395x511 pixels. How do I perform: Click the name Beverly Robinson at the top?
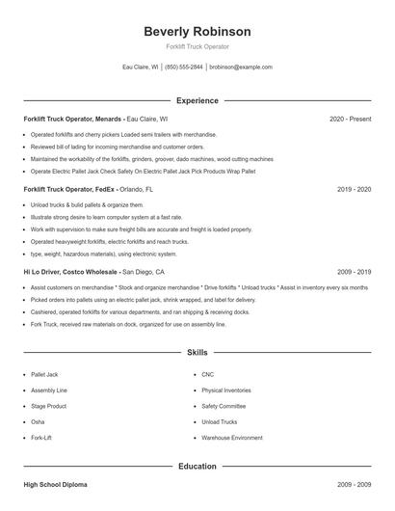(197, 31)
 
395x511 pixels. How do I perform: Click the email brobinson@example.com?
(241, 67)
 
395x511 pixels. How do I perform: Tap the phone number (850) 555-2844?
(184, 67)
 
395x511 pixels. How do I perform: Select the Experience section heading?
(197, 100)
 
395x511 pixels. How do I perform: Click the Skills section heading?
(197, 353)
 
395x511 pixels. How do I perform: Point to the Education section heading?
(197, 467)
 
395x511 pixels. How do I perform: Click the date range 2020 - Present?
(350, 119)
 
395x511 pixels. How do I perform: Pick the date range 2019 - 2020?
(354, 190)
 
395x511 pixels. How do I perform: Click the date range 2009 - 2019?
(354, 273)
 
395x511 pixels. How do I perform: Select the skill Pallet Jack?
(46, 374)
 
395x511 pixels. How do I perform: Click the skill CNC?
(208, 374)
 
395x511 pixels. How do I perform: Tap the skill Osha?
(39, 422)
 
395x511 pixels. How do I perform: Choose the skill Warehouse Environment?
(231, 438)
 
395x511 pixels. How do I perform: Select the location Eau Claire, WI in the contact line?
(140, 67)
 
